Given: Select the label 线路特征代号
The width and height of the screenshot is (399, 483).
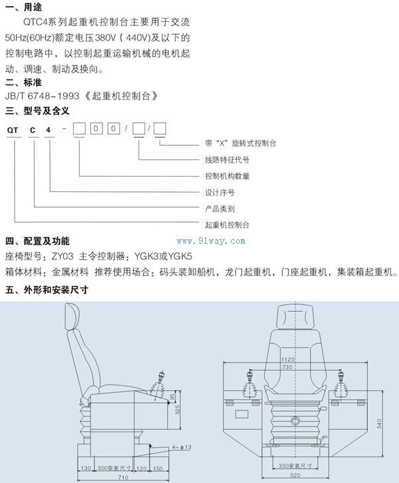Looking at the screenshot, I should pos(227,160).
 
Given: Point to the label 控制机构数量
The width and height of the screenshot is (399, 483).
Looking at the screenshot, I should pos(227,177).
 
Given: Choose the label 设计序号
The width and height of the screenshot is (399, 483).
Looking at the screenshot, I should pos(219,193).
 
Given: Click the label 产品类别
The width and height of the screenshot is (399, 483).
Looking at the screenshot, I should pos(219,209).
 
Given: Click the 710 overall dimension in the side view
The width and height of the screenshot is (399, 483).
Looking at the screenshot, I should pos(124,478).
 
